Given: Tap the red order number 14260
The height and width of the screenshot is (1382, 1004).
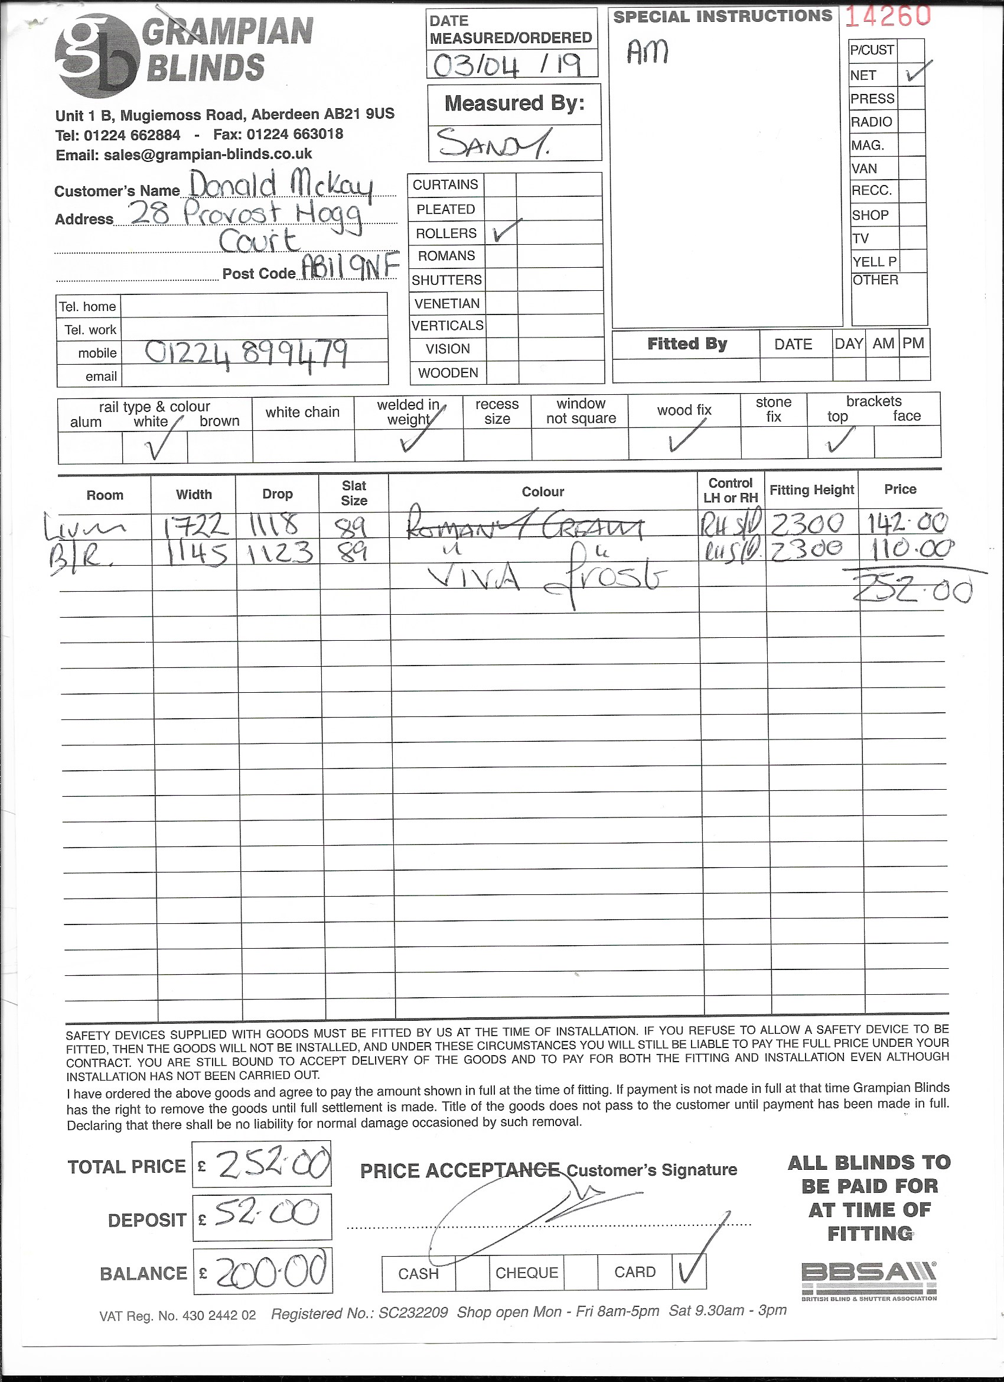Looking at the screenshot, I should click(888, 17).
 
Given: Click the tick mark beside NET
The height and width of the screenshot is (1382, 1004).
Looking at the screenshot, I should click(917, 73).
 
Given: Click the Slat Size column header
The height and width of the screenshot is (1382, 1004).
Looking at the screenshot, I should click(354, 493).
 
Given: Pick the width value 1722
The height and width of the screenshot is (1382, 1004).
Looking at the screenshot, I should click(197, 525).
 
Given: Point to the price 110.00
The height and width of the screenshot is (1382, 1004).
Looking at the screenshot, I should click(907, 550).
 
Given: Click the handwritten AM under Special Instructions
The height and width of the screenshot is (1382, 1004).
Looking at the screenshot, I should click(648, 52).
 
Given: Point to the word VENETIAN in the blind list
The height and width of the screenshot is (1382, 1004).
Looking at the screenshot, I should click(447, 303).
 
